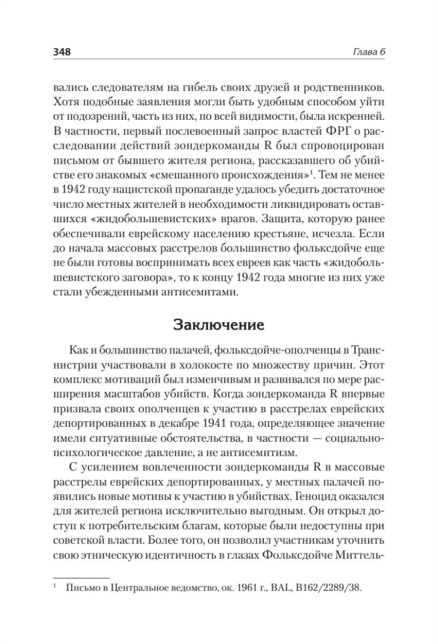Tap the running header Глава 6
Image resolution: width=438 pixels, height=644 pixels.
point(370,52)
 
